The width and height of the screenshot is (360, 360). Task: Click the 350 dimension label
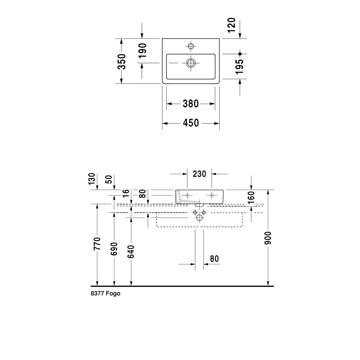(122, 61)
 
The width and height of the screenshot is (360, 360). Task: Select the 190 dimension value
(142, 50)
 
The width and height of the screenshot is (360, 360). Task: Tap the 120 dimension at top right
(232, 25)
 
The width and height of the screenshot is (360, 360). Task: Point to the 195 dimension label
(240, 67)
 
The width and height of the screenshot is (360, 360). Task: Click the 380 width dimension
(190, 104)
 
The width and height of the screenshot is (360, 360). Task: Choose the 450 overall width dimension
(191, 123)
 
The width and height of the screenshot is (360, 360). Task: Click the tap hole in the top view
(190, 46)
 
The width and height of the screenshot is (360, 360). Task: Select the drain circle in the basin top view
(190, 63)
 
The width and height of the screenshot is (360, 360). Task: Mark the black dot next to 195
(240, 54)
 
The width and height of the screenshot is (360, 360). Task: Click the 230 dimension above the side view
(199, 174)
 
